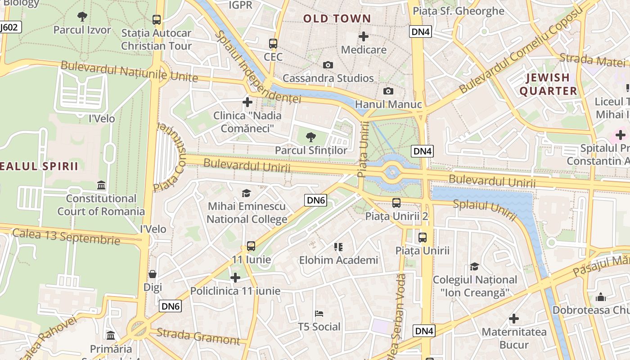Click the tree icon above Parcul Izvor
82,17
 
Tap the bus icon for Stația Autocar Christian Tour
156,20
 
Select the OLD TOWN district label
337,19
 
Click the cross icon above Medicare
364,36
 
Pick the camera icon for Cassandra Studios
328,65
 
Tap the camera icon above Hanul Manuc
388,91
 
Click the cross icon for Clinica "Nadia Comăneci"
247,103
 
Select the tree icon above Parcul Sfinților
310,137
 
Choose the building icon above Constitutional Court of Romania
101,185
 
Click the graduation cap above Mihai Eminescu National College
246,193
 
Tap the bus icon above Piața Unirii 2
396,203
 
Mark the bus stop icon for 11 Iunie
251,246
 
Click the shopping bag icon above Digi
153,274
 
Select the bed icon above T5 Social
319,314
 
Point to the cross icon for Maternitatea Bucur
513,319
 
